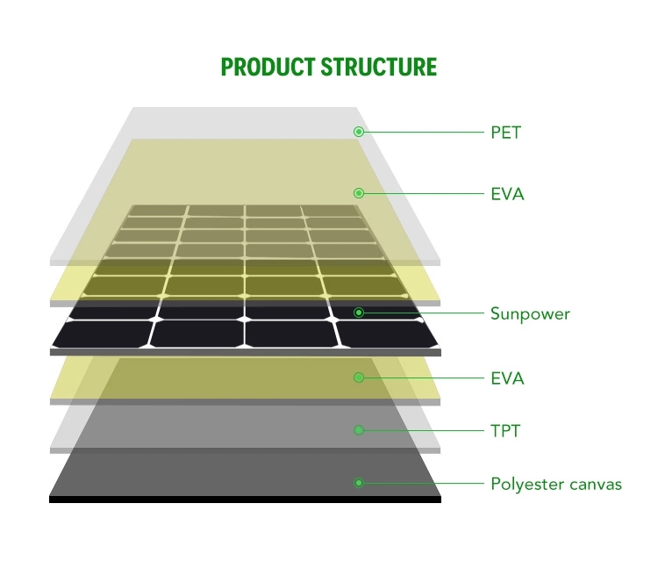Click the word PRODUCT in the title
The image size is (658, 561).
click(x=268, y=68)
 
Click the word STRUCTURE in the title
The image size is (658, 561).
click(x=379, y=68)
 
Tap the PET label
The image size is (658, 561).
click(x=505, y=133)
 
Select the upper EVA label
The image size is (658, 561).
click(x=507, y=194)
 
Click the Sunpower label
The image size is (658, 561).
click(x=530, y=313)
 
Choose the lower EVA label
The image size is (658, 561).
click(x=507, y=378)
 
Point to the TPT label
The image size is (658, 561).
click(x=504, y=431)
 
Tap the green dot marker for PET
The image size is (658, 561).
click(x=358, y=132)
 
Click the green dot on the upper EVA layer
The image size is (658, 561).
click(x=358, y=193)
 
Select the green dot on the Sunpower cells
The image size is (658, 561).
click(x=358, y=313)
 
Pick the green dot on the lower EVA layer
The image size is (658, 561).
click(x=358, y=378)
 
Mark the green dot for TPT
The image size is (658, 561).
click(x=358, y=430)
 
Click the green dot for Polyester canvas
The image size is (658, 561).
click(x=358, y=483)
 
